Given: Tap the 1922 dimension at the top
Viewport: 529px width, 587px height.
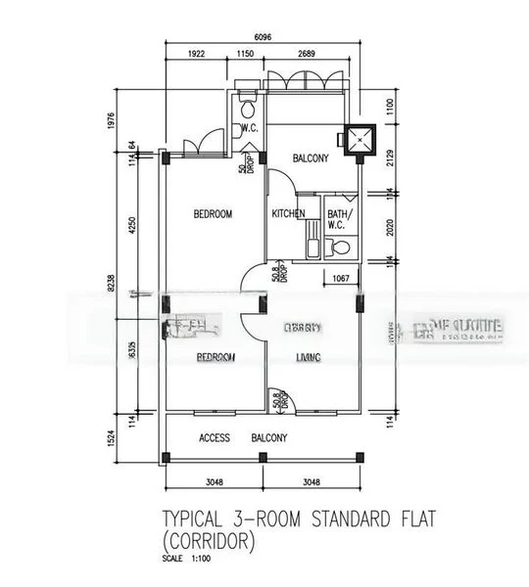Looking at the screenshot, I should point(196,54).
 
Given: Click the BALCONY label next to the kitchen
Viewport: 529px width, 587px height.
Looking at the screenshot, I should point(311,158).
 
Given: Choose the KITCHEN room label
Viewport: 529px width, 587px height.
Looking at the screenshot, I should point(288,213).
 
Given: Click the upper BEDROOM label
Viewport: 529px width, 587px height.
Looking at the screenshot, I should point(213,213).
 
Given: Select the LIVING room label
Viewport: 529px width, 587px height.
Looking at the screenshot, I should point(309,358).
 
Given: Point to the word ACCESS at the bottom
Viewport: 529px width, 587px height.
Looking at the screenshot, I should point(215,437).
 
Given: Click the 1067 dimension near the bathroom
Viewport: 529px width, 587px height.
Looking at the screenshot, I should point(340,279).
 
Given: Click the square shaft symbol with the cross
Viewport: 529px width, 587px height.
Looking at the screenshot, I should point(360,140).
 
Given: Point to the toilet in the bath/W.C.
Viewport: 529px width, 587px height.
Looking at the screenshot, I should point(340,248).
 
